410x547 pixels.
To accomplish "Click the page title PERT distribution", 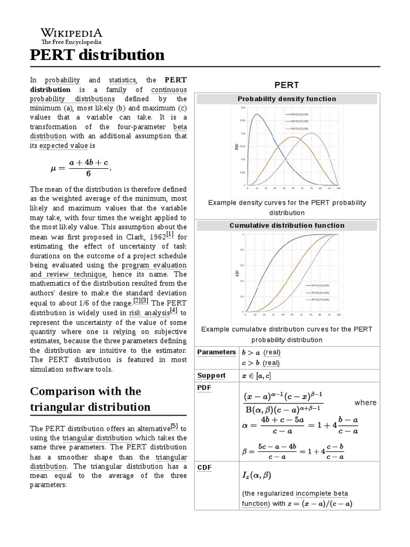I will (97, 55).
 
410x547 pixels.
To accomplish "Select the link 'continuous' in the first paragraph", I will (169, 89).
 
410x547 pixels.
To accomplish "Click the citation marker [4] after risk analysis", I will (173, 311).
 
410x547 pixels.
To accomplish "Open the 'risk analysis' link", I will (148, 313).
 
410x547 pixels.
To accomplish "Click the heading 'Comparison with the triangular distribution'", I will (90, 398).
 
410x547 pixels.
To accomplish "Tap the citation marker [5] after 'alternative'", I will (174, 426).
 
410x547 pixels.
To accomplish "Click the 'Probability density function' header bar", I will (287, 99).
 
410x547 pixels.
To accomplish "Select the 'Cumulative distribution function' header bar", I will (287, 225).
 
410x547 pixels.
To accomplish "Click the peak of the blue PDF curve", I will (257, 114).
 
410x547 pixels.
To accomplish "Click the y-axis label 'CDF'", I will (236, 273).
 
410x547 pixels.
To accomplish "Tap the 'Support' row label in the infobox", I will (211, 376).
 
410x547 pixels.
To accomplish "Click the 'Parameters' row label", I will (216, 352).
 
